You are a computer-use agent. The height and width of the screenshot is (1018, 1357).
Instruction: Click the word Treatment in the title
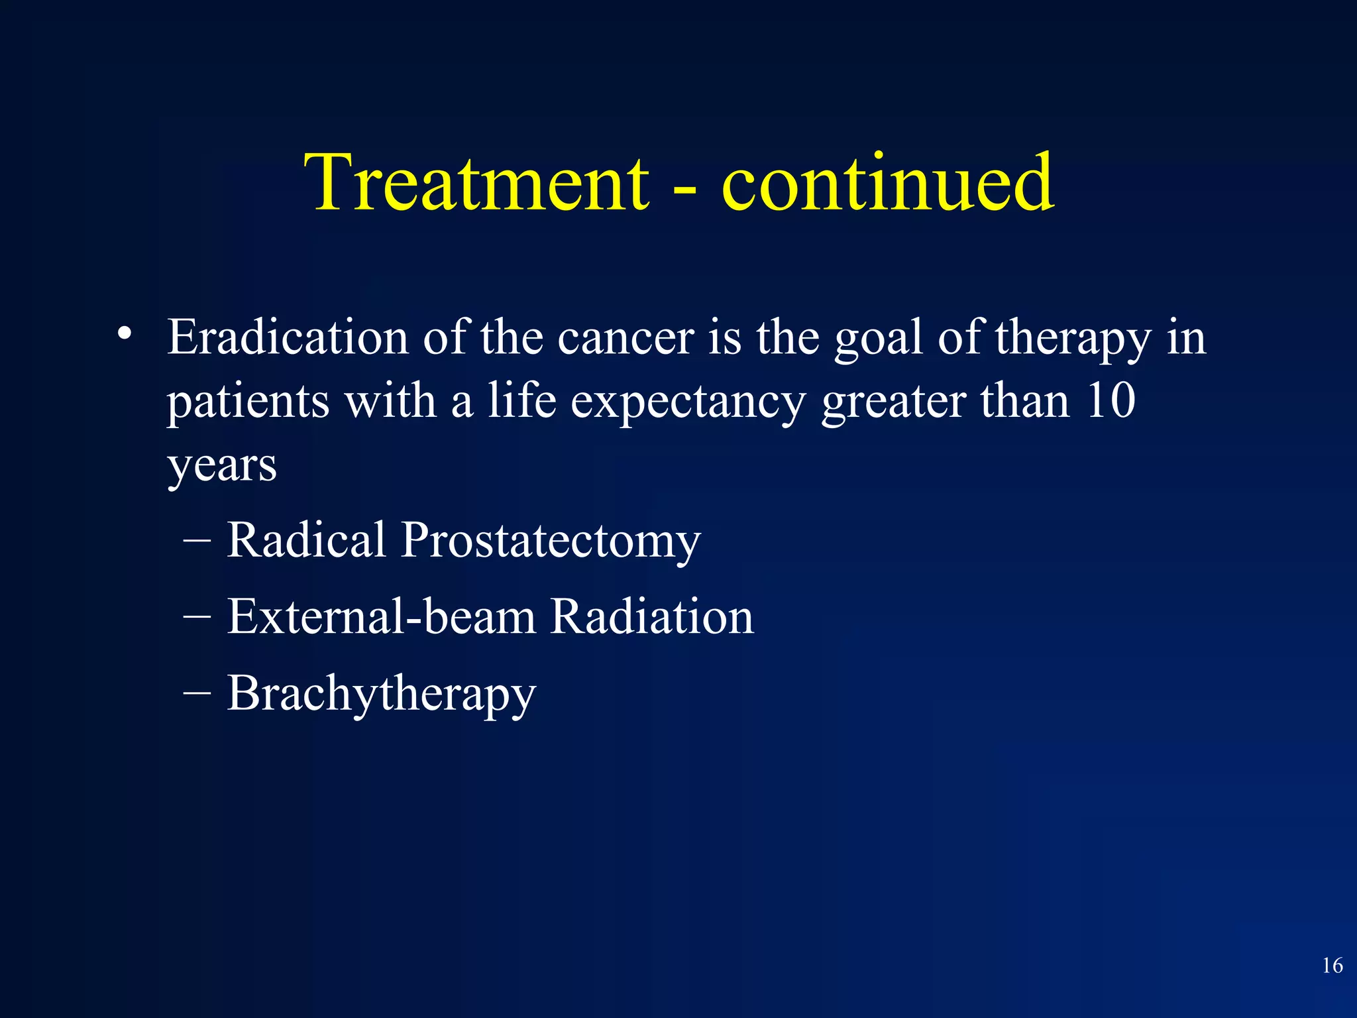coord(476,182)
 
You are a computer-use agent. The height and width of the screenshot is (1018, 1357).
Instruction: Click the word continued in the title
coord(887,182)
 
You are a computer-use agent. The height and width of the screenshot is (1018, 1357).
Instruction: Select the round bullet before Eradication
coord(124,335)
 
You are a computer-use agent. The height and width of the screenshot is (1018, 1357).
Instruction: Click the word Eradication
coord(287,337)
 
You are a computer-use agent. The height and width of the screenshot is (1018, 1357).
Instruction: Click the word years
coord(222,467)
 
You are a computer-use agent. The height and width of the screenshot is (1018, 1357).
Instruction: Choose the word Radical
coord(306,539)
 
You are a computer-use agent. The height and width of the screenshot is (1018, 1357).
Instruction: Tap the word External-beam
coord(381,616)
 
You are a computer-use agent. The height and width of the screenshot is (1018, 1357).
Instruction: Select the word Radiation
coord(652,616)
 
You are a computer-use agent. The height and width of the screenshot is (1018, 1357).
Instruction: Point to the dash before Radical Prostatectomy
coord(197,541)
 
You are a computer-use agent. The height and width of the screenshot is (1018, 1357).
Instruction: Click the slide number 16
coord(1332,965)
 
